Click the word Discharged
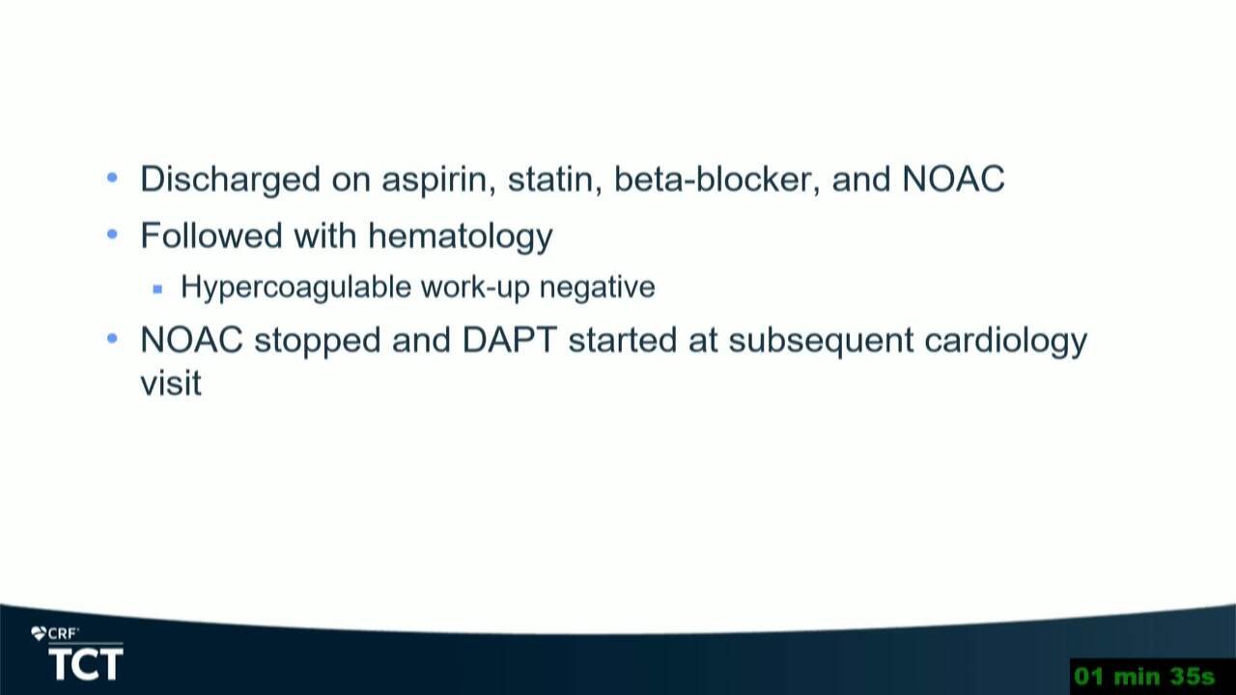click(x=230, y=180)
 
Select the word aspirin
click(x=438, y=180)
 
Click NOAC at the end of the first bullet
click(x=953, y=179)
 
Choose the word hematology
click(x=461, y=236)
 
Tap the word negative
click(x=597, y=288)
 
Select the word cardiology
click(x=1006, y=341)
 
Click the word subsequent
click(x=821, y=341)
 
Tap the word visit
click(x=171, y=381)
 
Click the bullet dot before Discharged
click(x=112, y=179)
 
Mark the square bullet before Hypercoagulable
click(x=157, y=289)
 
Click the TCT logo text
click(x=86, y=664)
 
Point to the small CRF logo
click(x=55, y=634)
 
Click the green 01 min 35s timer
click(x=1145, y=677)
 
